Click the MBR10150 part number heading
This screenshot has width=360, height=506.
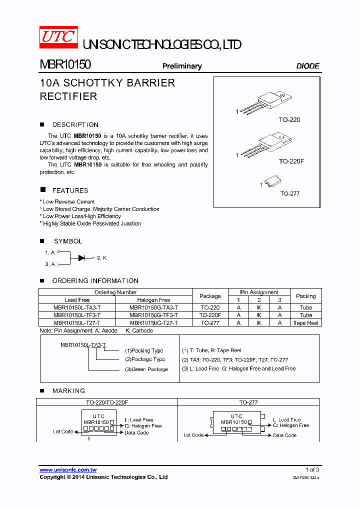[65, 65]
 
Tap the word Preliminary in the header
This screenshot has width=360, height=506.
[182, 66]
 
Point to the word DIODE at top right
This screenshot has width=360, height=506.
[307, 66]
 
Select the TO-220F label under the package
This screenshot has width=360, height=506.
[289, 161]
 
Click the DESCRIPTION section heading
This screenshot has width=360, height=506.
[75, 125]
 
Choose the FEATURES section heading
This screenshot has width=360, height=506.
[70, 190]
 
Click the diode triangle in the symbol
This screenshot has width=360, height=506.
[82, 257]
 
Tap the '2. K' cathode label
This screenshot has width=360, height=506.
[101, 257]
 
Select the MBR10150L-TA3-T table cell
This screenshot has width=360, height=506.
[77, 308]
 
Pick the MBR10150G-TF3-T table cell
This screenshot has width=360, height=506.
[153, 315]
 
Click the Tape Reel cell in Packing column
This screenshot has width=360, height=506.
[306, 323]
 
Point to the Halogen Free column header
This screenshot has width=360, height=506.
[153, 300]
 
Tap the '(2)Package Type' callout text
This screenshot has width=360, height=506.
[144, 359]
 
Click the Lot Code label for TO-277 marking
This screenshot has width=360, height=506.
[193, 435]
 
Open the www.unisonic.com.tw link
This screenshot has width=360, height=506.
[68, 470]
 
